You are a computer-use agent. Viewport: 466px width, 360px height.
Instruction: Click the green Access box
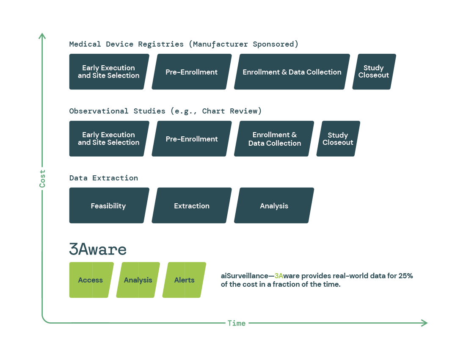point(91,280)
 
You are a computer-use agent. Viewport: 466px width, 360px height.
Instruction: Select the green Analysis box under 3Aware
point(138,280)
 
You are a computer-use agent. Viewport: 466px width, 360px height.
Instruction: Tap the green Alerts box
point(185,280)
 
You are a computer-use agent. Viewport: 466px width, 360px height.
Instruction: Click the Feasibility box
point(108,206)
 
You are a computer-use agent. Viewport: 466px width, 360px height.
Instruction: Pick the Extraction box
point(192,206)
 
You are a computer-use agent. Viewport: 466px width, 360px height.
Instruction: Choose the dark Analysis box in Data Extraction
point(274,206)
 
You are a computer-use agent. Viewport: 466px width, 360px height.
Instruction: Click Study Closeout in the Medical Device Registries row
point(374,72)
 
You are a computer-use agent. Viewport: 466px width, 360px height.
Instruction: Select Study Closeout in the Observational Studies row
point(338,139)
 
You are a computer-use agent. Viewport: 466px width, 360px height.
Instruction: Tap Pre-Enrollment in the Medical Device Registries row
point(192,72)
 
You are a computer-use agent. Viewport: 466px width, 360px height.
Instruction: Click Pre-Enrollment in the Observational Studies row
point(192,139)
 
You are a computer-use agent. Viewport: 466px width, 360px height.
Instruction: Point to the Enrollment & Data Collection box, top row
point(292,72)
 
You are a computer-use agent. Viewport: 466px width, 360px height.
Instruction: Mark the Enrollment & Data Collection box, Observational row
point(274,139)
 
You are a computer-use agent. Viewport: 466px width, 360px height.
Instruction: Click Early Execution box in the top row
point(109,72)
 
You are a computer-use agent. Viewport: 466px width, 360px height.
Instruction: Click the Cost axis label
point(42,179)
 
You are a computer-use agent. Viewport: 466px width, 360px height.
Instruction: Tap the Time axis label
point(236,323)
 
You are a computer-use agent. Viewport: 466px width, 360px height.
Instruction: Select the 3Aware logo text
point(98,249)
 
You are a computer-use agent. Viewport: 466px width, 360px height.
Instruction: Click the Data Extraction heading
point(103,178)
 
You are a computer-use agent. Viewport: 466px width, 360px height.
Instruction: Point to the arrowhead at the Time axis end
point(425,323)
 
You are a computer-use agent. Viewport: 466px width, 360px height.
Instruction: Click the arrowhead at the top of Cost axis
point(42,36)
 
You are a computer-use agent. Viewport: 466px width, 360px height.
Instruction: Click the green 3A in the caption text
point(279,276)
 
